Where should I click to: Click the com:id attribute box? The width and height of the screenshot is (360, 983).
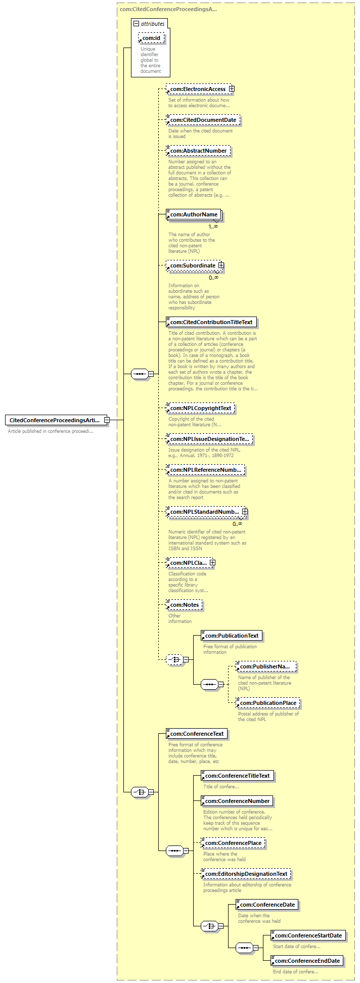[151, 38]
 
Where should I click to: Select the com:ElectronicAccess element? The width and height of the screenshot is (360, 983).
[197, 89]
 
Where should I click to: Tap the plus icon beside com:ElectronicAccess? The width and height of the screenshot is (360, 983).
[232, 89]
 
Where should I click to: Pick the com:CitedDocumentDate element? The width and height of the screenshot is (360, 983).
[203, 120]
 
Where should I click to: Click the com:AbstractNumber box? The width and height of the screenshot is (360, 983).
[198, 151]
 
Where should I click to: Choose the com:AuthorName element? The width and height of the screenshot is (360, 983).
[194, 214]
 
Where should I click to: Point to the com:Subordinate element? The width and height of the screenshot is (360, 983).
[192, 265]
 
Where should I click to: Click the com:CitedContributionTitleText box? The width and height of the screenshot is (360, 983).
[211, 322]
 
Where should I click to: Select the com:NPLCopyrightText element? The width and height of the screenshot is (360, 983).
[200, 408]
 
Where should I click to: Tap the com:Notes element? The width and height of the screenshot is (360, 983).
[184, 605]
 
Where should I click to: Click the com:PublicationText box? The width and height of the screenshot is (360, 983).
[232, 636]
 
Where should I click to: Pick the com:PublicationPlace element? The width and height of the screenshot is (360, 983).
[268, 703]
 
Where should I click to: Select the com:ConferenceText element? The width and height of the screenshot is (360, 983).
[197, 734]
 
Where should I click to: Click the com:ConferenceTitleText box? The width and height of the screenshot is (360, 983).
[237, 776]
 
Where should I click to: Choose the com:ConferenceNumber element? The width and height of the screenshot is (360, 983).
[237, 801]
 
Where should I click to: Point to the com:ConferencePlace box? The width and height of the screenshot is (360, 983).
[233, 843]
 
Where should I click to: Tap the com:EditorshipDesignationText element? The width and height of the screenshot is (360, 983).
[246, 874]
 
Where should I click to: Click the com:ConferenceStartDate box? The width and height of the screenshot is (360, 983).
[308, 935]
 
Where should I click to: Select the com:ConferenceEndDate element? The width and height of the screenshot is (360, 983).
[307, 961]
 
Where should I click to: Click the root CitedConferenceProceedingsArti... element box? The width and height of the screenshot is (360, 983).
[54, 420]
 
